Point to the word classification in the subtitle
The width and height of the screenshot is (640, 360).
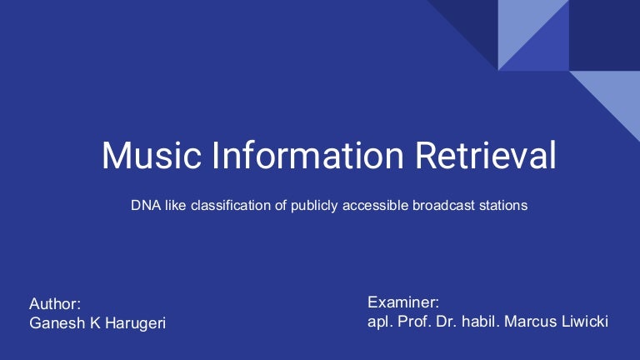pos(223,204)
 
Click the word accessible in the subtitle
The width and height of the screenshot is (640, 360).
pos(372,204)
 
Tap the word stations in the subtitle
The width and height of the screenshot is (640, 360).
pos(502,204)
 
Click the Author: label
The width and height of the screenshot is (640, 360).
pos(55,304)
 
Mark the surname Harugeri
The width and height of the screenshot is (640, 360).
pos(133,323)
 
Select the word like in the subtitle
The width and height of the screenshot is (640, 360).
pos(175,204)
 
